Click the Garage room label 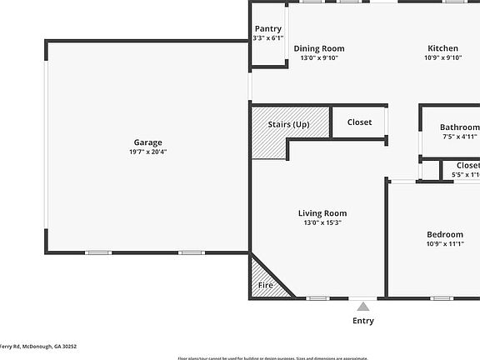[x=147, y=142]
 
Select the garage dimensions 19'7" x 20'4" [x=147, y=152]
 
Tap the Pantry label [x=267, y=29]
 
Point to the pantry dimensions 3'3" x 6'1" [x=267, y=38]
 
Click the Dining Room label [x=318, y=48]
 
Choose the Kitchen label [x=443, y=48]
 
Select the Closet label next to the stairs [x=359, y=122]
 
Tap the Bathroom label [x=459, y=127]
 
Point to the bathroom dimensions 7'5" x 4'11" [x=458, y=137]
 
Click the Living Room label [x=322, y=213]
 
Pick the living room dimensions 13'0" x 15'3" [x=322, y=222]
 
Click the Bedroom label [x=445, y=234]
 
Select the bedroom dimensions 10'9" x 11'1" [x=445, y=244]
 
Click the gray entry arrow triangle [x=362, y=307]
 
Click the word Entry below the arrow [x=363, y=321]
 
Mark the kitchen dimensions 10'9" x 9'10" [x=443, y=58]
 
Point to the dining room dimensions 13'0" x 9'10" [x=318, y=58]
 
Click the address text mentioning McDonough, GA [x=38, y=347]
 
